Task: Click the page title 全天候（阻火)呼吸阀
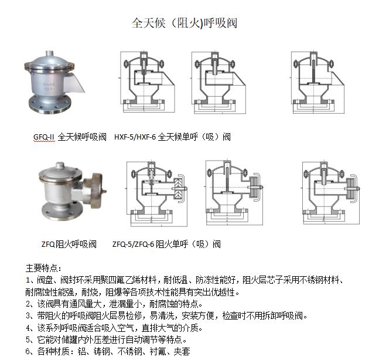[185, 23]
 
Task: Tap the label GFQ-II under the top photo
[44, 137]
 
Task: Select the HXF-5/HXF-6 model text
[135, 137]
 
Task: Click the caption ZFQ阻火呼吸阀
[69, 244]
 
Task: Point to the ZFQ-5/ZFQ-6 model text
[133, 244]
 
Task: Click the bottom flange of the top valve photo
[50, 104]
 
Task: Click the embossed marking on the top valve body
[49, 86]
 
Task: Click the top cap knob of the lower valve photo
[60, 165]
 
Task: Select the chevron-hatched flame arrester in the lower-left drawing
[178, 189]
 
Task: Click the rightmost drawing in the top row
[317, 81]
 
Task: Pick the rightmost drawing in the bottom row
[330, 192]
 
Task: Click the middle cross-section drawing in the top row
[218, 82]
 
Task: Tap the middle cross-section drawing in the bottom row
[234, 192]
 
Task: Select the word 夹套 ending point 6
[182, 351]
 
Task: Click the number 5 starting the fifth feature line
[28, 339]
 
